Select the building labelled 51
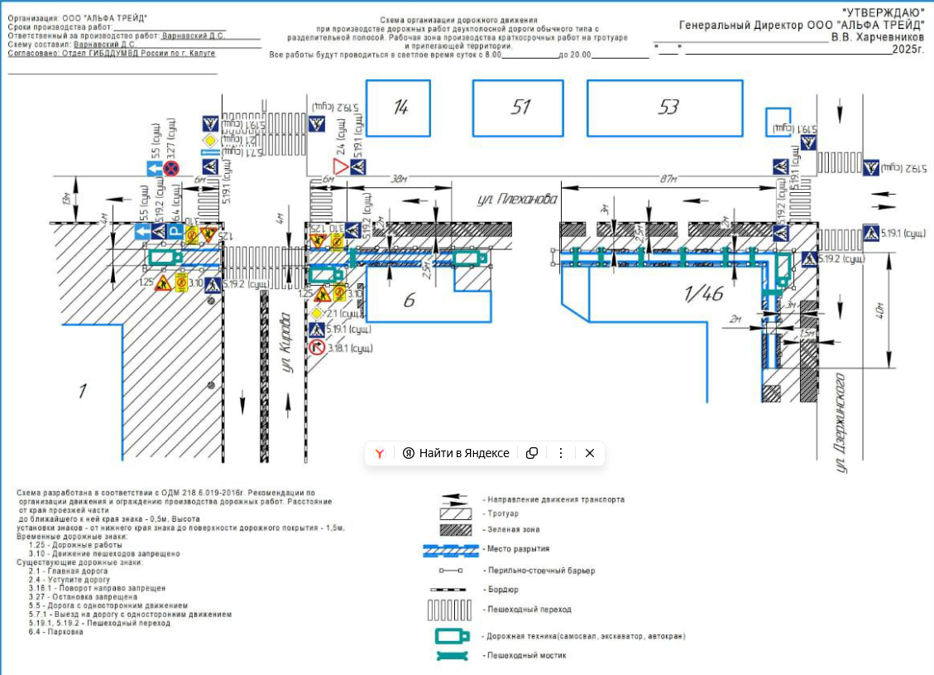(520, 108)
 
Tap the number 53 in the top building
(668, 108)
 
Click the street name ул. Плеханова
(518, 200)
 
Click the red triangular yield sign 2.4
(341, 168)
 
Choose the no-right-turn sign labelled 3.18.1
(317, 348)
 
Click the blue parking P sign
(175, 231)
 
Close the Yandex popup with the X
(589, 453)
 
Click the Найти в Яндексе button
(456, 453)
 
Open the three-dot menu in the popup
(560, 453)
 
